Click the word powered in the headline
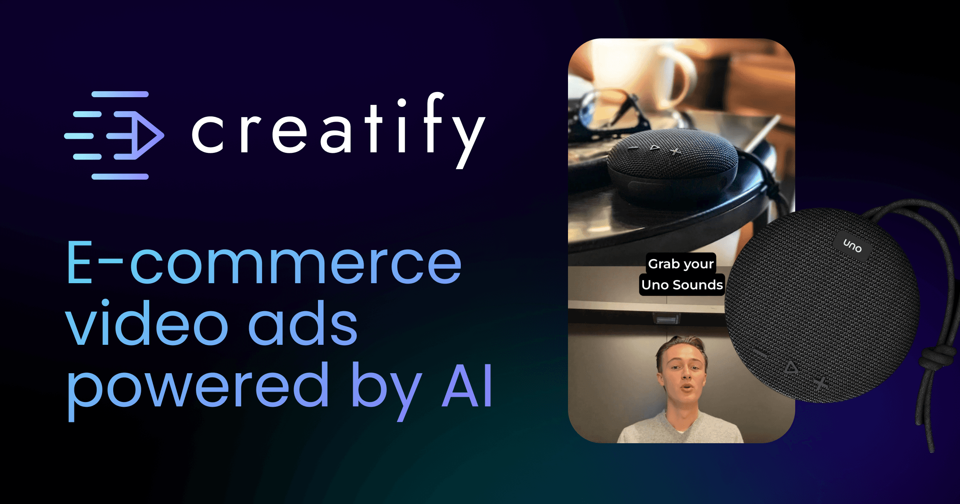point(198,386)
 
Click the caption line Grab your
point(681,264)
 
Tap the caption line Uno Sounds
point(682,285)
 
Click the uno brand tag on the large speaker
point(852,246)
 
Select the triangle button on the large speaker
point(790,367)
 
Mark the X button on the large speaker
point(821,384)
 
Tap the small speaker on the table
point(672,168)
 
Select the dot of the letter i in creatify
point(402,103)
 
